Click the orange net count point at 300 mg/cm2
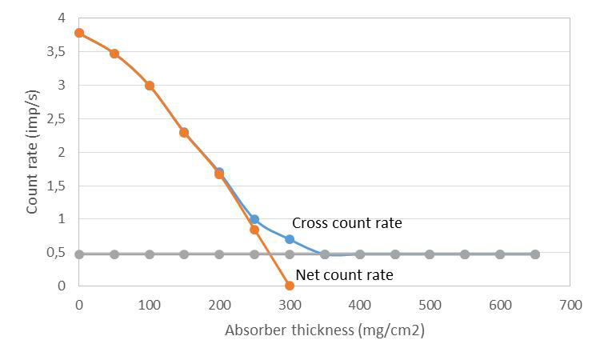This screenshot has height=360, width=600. point(290,286)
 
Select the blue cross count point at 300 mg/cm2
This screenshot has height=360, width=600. point(290,239)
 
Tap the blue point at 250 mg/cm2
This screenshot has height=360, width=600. point(254,219)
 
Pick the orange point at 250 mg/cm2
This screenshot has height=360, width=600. point(254,230)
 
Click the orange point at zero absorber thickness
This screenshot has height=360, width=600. point(79,33)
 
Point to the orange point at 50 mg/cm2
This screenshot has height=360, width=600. point(114,54)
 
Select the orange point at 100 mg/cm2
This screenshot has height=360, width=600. point(150,86)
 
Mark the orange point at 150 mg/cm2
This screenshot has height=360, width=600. point(184,133)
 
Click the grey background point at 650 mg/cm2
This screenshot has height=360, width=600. point(535,254)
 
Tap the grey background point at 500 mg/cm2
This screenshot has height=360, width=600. point(430,254)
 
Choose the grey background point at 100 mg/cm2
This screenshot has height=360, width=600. point(150,254)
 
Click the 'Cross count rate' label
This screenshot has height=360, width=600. point(346,223)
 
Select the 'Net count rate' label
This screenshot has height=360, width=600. point(344,275)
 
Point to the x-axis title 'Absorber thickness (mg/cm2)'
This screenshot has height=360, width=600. point(324,330)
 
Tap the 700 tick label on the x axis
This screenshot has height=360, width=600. point(570,305)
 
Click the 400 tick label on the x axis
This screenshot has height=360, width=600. point(359,305)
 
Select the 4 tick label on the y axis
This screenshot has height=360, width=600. point(61,18)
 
